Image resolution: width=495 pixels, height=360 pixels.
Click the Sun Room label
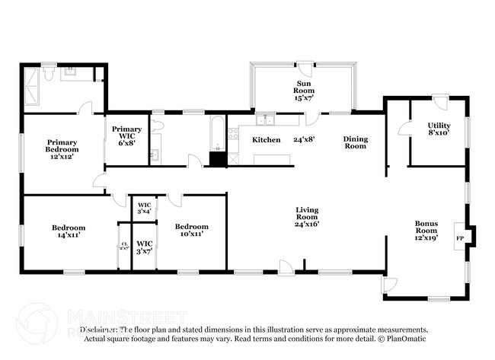point(304,91)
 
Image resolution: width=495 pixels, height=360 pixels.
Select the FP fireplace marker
point(459,237)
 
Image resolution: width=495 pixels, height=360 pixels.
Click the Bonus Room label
point(426,231)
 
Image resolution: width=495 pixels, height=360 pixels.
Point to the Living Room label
point(307,216)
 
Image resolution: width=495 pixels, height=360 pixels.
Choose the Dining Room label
point(355,142)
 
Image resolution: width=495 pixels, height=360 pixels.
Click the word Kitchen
point(267,140)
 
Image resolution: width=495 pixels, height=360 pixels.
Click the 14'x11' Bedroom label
point(69,231)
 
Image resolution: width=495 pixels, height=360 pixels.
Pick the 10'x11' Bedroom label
point(191,231)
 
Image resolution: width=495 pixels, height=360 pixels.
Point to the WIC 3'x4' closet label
point(145,208)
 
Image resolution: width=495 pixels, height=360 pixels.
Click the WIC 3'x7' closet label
point(145,247)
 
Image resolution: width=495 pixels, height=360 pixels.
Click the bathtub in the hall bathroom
point(216,134)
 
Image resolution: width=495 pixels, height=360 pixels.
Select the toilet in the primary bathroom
point(47,74)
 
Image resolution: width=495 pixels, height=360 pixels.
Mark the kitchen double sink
point(266,119)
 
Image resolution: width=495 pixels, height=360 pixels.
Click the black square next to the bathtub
point(218,159)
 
